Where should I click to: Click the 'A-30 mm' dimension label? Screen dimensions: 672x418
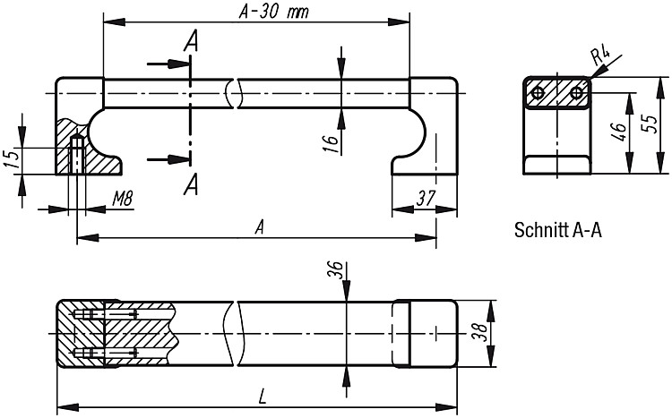(274, 12)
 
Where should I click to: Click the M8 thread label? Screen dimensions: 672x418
(123, 199)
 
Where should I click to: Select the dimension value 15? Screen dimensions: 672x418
(13, 158)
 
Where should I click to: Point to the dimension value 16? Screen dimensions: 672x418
(331, 143)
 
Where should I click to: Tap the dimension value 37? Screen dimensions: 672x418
(426, 198)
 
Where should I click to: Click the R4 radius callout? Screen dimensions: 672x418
(600, 57)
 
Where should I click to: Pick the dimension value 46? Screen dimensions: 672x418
(619, 132)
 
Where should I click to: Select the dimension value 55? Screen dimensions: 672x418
(651, 124)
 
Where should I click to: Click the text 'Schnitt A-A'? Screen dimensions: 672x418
(558, 230)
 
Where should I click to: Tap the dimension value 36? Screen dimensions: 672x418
(337, 269)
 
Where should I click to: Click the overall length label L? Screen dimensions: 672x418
(263, 397)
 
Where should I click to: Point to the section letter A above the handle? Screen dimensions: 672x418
(192, 41)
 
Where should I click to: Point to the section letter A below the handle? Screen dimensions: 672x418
(191, 184)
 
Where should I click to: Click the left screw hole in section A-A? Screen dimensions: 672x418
(538, 92)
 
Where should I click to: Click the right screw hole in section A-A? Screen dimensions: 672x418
(576, 92)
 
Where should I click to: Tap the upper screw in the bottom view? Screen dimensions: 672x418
(106, 314)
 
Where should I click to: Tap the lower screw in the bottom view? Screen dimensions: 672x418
(106, 354)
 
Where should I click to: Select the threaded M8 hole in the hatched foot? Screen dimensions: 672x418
(77, 154)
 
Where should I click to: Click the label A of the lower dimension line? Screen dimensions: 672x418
(259, 227)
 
